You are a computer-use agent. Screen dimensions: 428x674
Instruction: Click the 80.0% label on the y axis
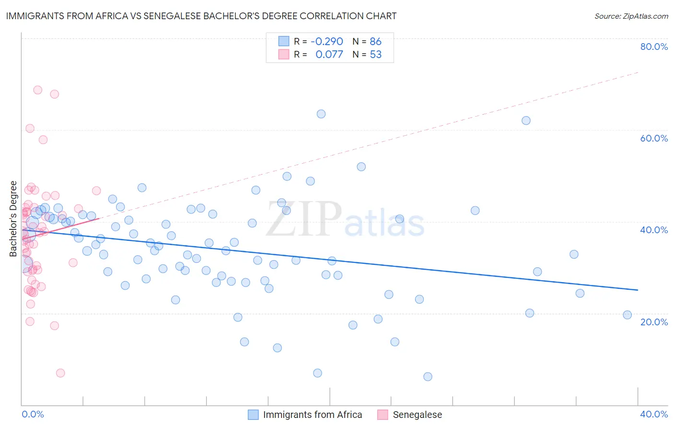(654, 47)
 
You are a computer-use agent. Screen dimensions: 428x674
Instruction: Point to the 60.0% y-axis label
(654, 138)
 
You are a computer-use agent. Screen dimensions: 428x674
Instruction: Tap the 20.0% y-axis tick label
(654, 322)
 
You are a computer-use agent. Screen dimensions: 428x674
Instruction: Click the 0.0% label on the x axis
(33, 414)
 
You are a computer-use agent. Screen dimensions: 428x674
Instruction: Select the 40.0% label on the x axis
(654, 414)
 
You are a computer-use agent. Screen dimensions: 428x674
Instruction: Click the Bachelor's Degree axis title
(13, 219)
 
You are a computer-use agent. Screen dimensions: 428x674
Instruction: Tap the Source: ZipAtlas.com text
(631, 16)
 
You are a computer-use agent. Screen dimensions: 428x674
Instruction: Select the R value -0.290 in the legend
(327, 41)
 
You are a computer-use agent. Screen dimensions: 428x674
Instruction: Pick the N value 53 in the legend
(376, 55)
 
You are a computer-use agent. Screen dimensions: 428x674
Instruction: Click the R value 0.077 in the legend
(329, 55)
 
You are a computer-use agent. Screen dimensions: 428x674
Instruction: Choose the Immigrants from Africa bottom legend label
(313, 415)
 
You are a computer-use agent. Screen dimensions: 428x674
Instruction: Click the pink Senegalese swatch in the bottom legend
(383, 415)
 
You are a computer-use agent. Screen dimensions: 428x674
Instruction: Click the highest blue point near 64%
(321, 114)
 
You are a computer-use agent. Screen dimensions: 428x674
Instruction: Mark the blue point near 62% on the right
(526, 120)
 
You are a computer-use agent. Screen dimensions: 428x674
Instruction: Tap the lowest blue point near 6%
(428, 377)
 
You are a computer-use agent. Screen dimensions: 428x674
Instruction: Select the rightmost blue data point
(627, 315)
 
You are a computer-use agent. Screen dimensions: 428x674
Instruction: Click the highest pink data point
(37, 90)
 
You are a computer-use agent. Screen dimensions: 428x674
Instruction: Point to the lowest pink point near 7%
(60, 373)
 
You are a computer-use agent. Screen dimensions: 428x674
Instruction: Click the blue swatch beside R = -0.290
(284, 41)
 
